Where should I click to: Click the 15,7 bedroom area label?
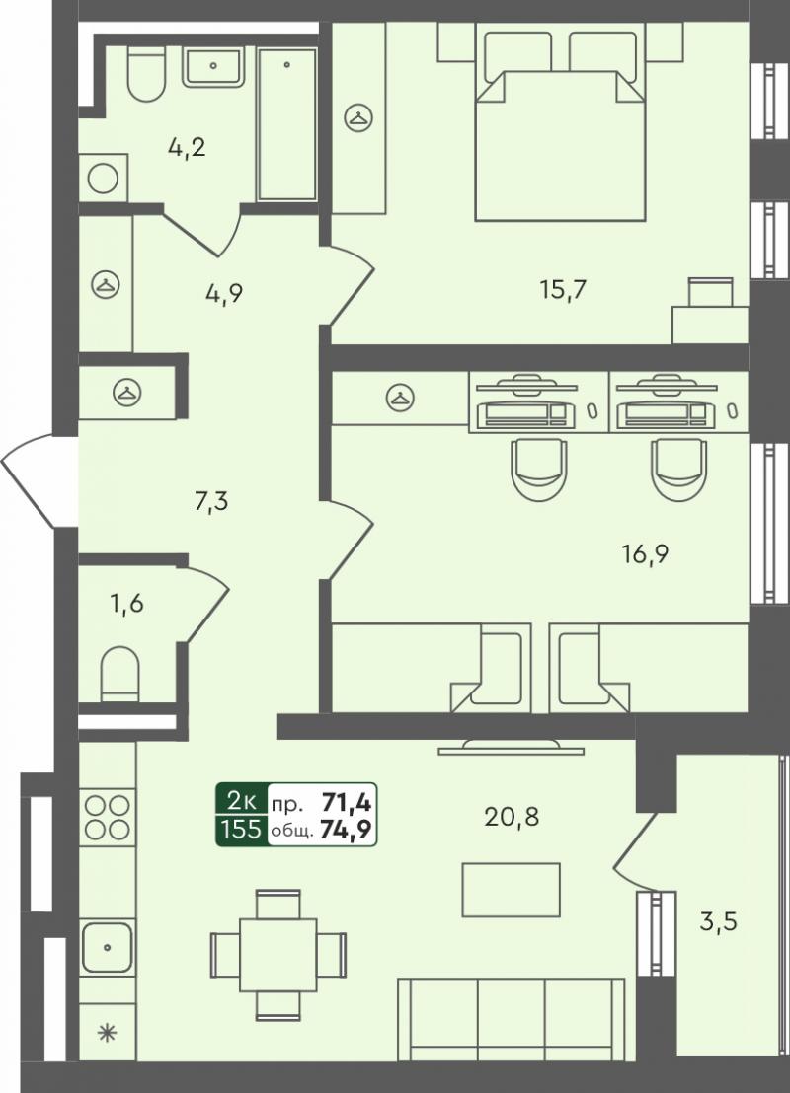coord(563,289)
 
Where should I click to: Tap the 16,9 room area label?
coord(646,554)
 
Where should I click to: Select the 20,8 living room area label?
coord(512,816)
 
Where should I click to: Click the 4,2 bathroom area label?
coord(187,147)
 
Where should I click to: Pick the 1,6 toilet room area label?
coord(126,603)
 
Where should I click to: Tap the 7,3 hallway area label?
coord(210,500)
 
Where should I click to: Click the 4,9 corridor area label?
coord(223,293)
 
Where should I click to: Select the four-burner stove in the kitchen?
coord(108,817)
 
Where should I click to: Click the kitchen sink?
coord(107,947)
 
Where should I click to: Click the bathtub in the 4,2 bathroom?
coord(286,124)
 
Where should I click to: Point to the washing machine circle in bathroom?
coord(103,180)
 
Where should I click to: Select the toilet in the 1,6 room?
coord(120,674)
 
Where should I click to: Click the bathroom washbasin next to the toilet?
coord(213,67)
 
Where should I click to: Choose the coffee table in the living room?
coord(511,890)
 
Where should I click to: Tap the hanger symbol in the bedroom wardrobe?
coord(358,117)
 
